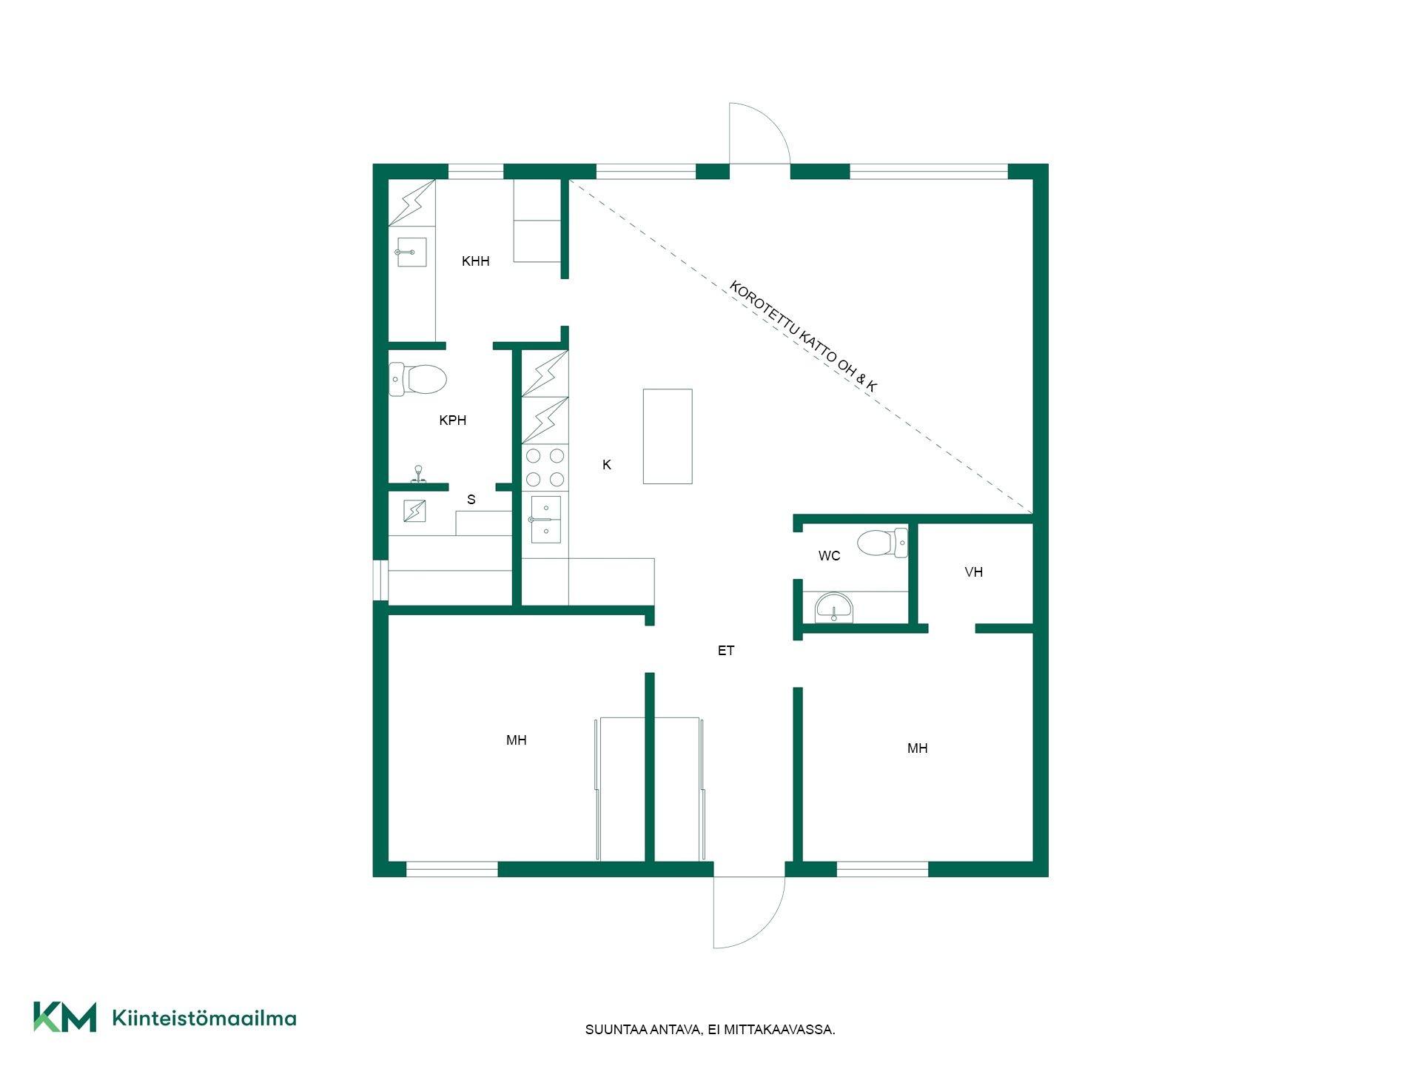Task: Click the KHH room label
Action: [475, 261]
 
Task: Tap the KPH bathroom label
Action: [452, 420]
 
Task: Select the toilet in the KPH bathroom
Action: [417, 379]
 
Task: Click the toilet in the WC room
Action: [882, 543]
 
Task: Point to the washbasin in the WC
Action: [834, 609]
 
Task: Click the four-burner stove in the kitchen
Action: [545, 468]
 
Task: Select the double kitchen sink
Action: [545, 520]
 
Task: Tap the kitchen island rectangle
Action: [668, 436]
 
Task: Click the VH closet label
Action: [973, 571]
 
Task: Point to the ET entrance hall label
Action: [725, 650]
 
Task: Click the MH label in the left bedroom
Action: [516, 740]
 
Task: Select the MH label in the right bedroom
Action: [917, 748]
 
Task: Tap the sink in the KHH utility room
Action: [411, 252]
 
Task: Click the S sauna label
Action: [471, 500]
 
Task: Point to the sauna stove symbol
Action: [415, 511]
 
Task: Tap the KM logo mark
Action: [64, 1016]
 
